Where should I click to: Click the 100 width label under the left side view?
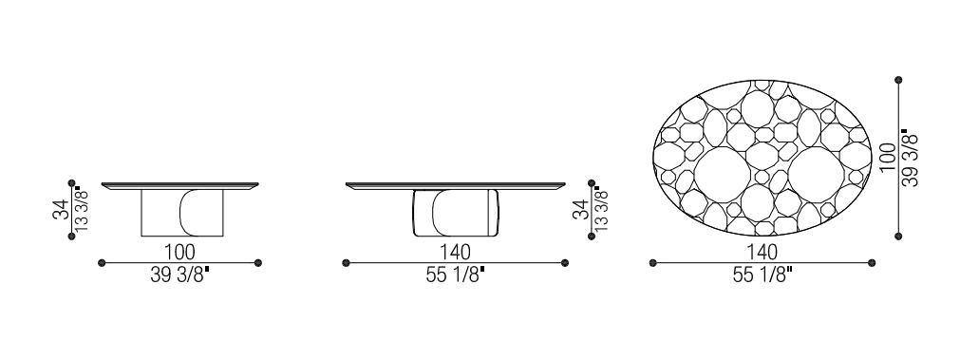[x=180, y=252]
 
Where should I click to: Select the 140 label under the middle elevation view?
[x=455, y=252]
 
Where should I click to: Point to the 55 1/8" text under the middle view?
[x=455, y=275]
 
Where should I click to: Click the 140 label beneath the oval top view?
[x=762, y=252]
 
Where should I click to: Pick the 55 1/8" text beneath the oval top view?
[x=762, y=275]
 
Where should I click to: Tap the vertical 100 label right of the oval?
[x=889, y=158]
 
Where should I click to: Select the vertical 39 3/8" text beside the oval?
[x=911, y=158]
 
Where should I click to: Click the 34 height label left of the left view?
[x=61, y=209]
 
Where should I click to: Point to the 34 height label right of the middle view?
[x=580, y=209]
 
